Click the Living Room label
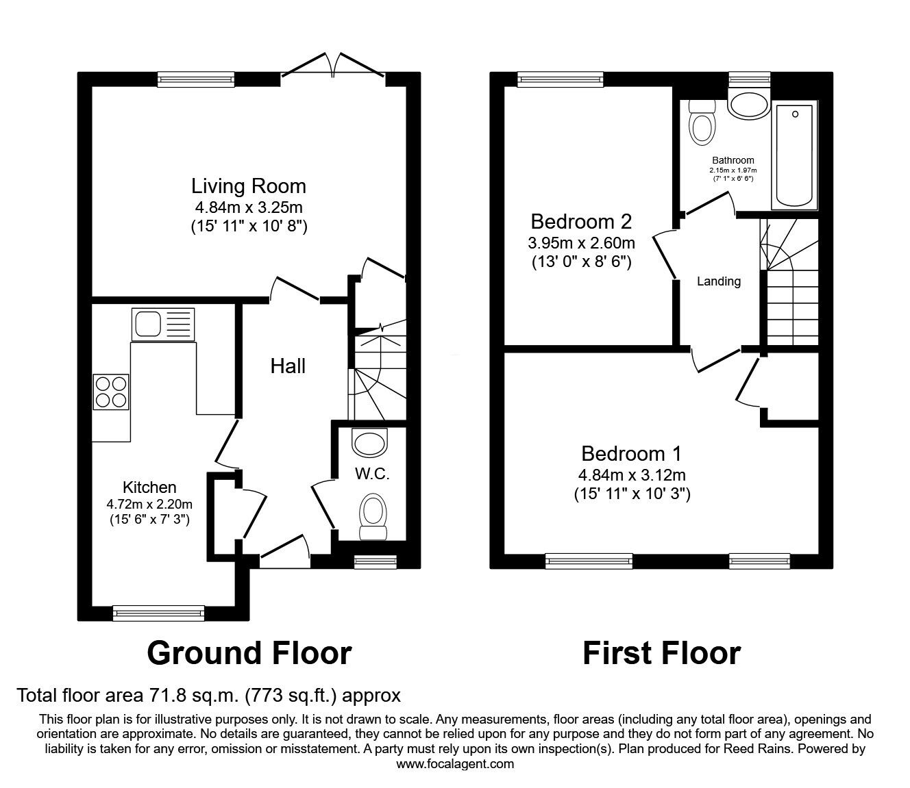coord(248,186)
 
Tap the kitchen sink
coord(163,325)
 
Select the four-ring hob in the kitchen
coord(111,392)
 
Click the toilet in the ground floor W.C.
coord(373,516)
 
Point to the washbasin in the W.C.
coord(370,443)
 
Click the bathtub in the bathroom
coord(794,155)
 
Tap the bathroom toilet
coord(702,123)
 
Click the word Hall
coord(288,366)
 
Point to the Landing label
coord(719,281)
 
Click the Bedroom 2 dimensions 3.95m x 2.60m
coord(581,242)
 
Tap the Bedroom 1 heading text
coord(631,454)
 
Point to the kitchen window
coord(158,613)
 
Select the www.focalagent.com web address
coord(455,764)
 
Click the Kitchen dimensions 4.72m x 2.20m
coord(149,504)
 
